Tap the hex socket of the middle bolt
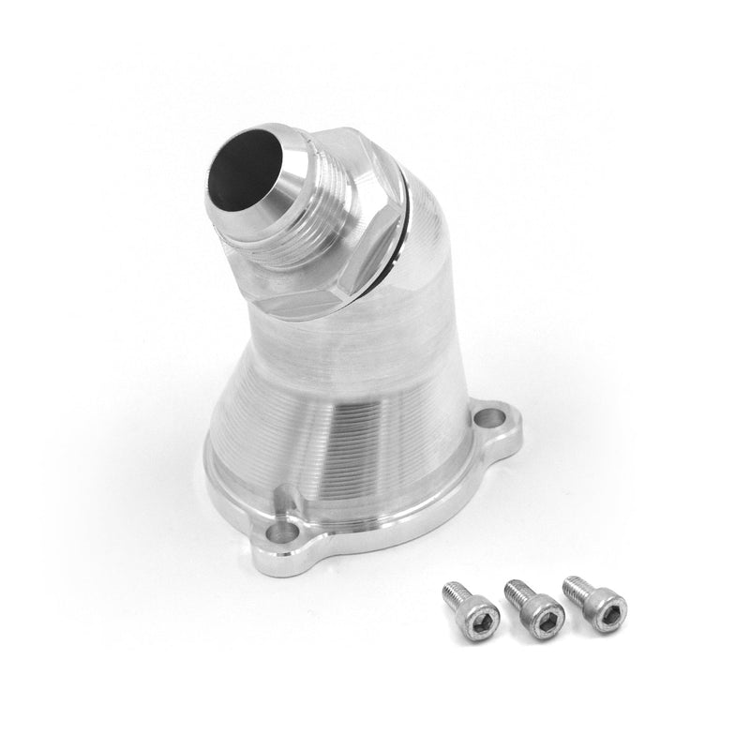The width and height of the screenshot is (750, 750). point(547,620)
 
